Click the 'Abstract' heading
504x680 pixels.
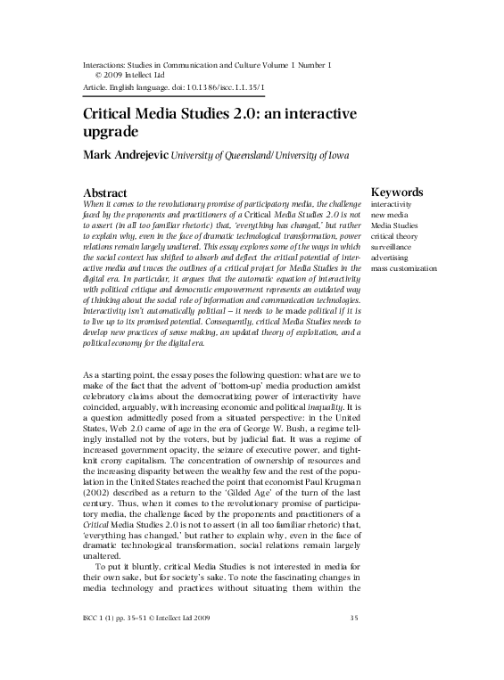tap(104, 193)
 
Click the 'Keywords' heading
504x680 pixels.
tap(396, 193)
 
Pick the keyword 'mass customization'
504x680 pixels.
tap(404, 267)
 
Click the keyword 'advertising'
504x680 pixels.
tap(392, 257)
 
